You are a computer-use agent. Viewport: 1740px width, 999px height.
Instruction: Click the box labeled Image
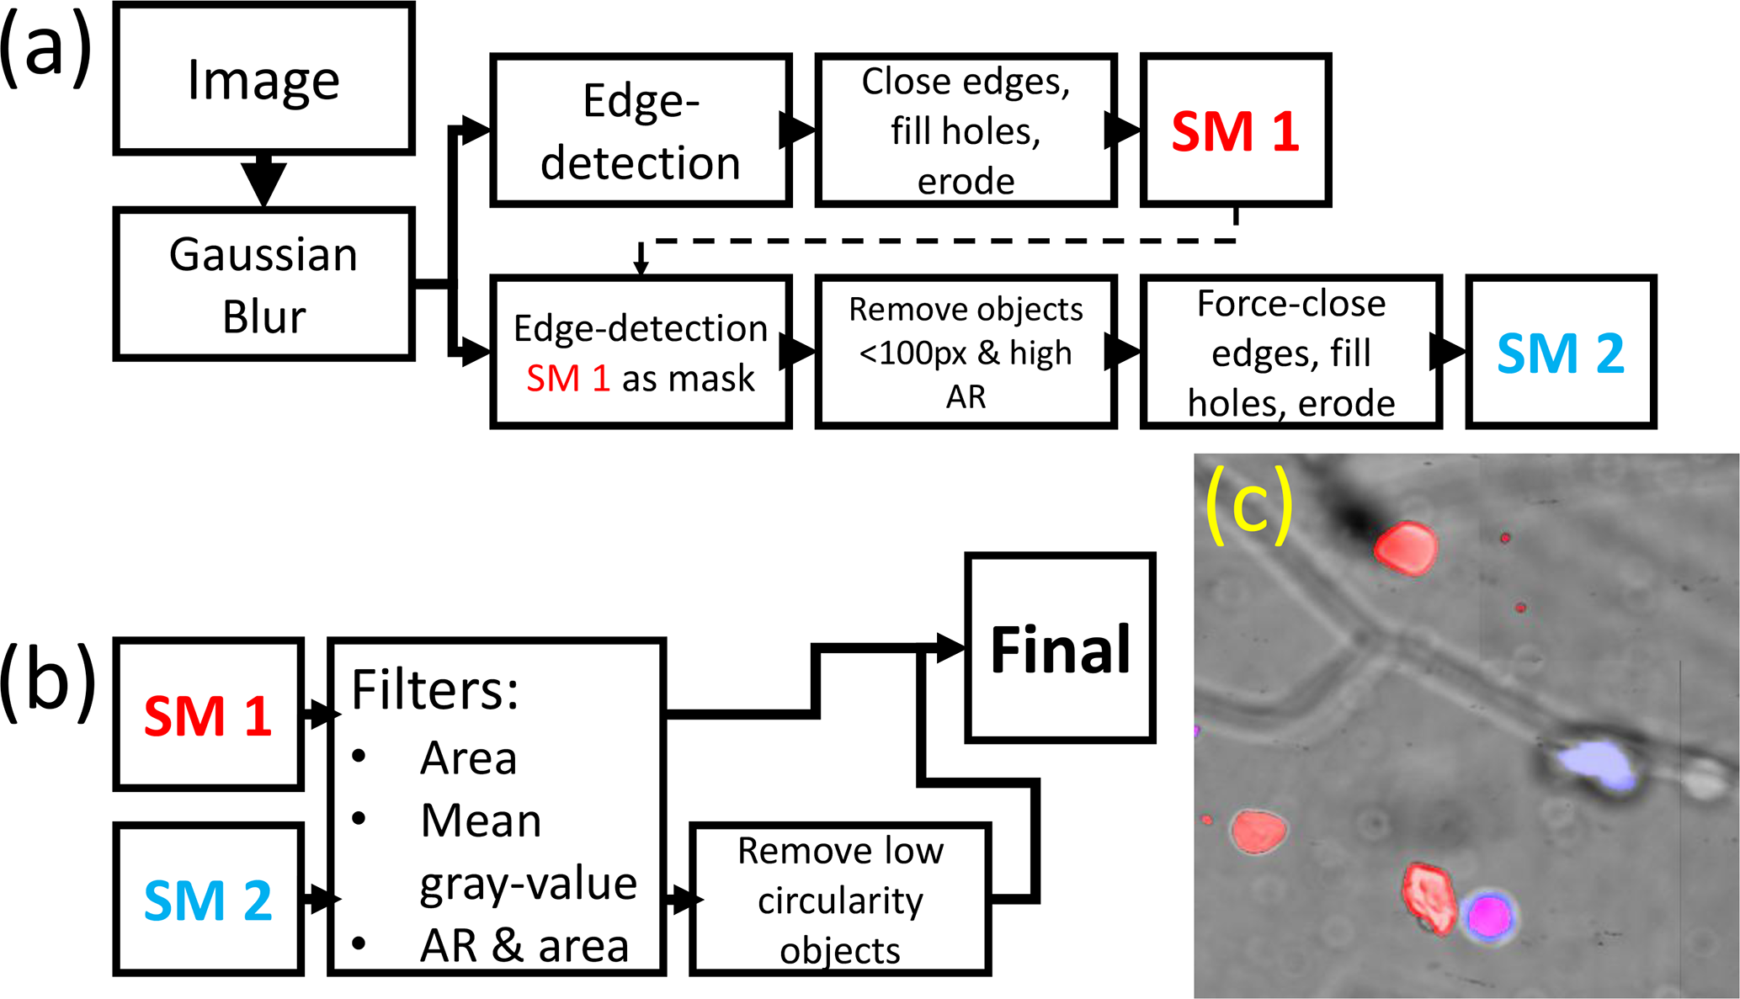263,79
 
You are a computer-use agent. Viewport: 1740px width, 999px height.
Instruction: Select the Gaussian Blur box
263,284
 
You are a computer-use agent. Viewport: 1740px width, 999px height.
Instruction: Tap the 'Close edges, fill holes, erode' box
966,130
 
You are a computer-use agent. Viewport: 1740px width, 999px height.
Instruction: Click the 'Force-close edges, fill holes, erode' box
1290,353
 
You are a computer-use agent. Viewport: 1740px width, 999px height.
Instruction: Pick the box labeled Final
1060,648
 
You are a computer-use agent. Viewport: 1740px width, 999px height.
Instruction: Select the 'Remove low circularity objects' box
840,900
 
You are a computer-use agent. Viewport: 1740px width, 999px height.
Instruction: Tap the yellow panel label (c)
1248,507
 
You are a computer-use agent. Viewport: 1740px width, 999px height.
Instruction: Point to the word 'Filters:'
434,690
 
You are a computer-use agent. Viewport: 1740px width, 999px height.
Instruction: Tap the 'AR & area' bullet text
524,946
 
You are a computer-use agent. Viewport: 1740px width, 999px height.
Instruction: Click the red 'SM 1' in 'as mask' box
567,379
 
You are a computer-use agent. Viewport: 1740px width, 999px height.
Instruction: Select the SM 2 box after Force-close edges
1561,353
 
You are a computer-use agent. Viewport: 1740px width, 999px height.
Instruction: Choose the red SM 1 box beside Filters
208,715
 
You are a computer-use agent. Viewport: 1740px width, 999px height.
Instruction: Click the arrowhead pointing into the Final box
950,648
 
